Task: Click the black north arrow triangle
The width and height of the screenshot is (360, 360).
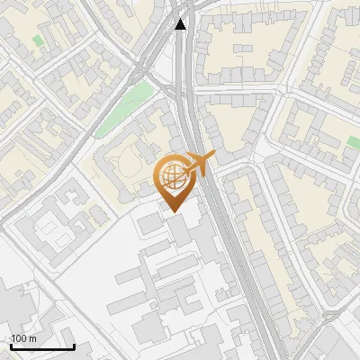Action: point(181,24)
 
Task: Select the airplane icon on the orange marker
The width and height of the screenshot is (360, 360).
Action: point(200,163)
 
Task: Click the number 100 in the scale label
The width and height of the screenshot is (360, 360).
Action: point(18,338)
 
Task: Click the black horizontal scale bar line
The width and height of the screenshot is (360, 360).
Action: point(42,347)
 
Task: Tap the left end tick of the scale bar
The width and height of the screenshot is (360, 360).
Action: point(11,346)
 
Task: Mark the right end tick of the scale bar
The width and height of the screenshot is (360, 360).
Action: point(75,346)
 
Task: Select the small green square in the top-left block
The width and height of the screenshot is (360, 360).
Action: point(38,40)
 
